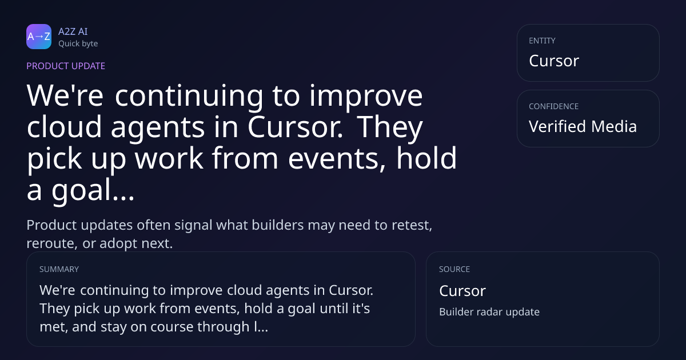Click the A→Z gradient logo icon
coord(39,37)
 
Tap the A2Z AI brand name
coord(73,31)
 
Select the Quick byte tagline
coord(78,44)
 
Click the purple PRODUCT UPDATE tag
coord(66,66)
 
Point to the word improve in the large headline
coord(366,97)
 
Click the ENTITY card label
coord(542,41)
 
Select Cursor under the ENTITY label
coord(554,61)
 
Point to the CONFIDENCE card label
coord(554,106)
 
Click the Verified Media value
coord(583,126)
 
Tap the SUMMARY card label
coord(59,269)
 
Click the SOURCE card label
coord(454,269)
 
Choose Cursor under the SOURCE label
coord(462,291)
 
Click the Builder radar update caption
coord(489,312)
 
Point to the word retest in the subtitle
coord(412,225)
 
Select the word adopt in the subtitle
coord(118,244)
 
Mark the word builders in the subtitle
coord(278,225)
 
